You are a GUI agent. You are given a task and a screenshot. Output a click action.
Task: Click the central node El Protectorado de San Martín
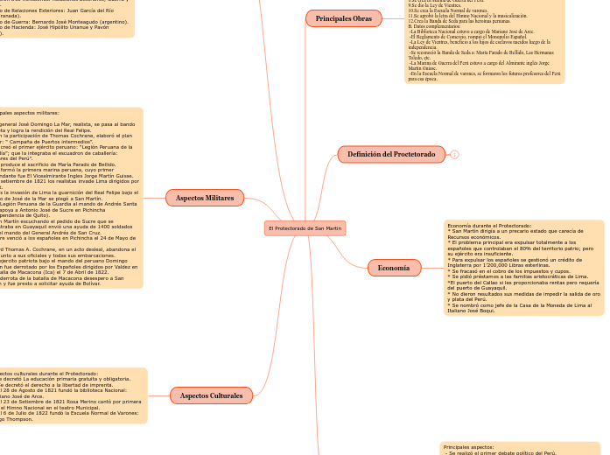[305, 227]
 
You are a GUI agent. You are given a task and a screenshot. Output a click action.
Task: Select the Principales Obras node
[343, 17]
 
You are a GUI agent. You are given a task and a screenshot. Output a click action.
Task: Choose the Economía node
[394, 268]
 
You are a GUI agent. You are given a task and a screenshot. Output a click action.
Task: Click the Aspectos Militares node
[205, 198]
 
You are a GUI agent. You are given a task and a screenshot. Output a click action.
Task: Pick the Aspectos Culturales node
[211, 395]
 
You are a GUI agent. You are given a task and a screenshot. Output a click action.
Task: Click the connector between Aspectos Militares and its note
[161, 198]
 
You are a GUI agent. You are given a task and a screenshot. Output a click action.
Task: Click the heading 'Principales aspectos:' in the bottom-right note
[469, 447]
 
